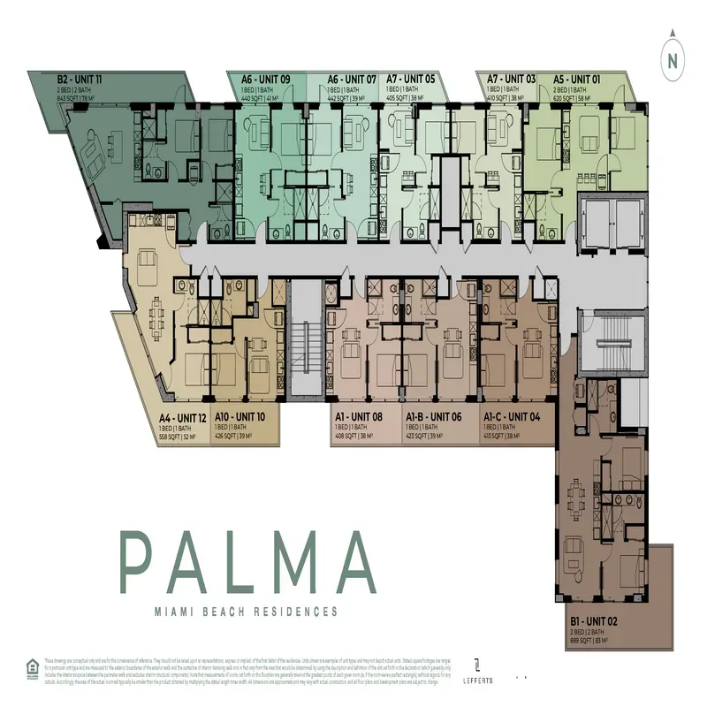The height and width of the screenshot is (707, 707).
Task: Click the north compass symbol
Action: pos(673,57)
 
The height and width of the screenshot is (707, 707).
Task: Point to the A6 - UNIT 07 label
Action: pos(352,79)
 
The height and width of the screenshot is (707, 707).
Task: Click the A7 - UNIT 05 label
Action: pos(411,79)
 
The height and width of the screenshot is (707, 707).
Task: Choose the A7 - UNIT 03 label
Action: pos(511,79)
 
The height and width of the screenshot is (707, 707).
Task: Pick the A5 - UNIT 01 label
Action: pos(576,79)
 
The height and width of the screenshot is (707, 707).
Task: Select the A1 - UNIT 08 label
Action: pos(358,416)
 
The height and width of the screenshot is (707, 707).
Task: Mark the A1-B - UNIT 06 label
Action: pos(433,416)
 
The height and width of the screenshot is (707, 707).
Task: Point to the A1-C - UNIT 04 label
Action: pos(512,416)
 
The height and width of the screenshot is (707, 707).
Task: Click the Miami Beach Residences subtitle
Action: pos(247,611)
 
